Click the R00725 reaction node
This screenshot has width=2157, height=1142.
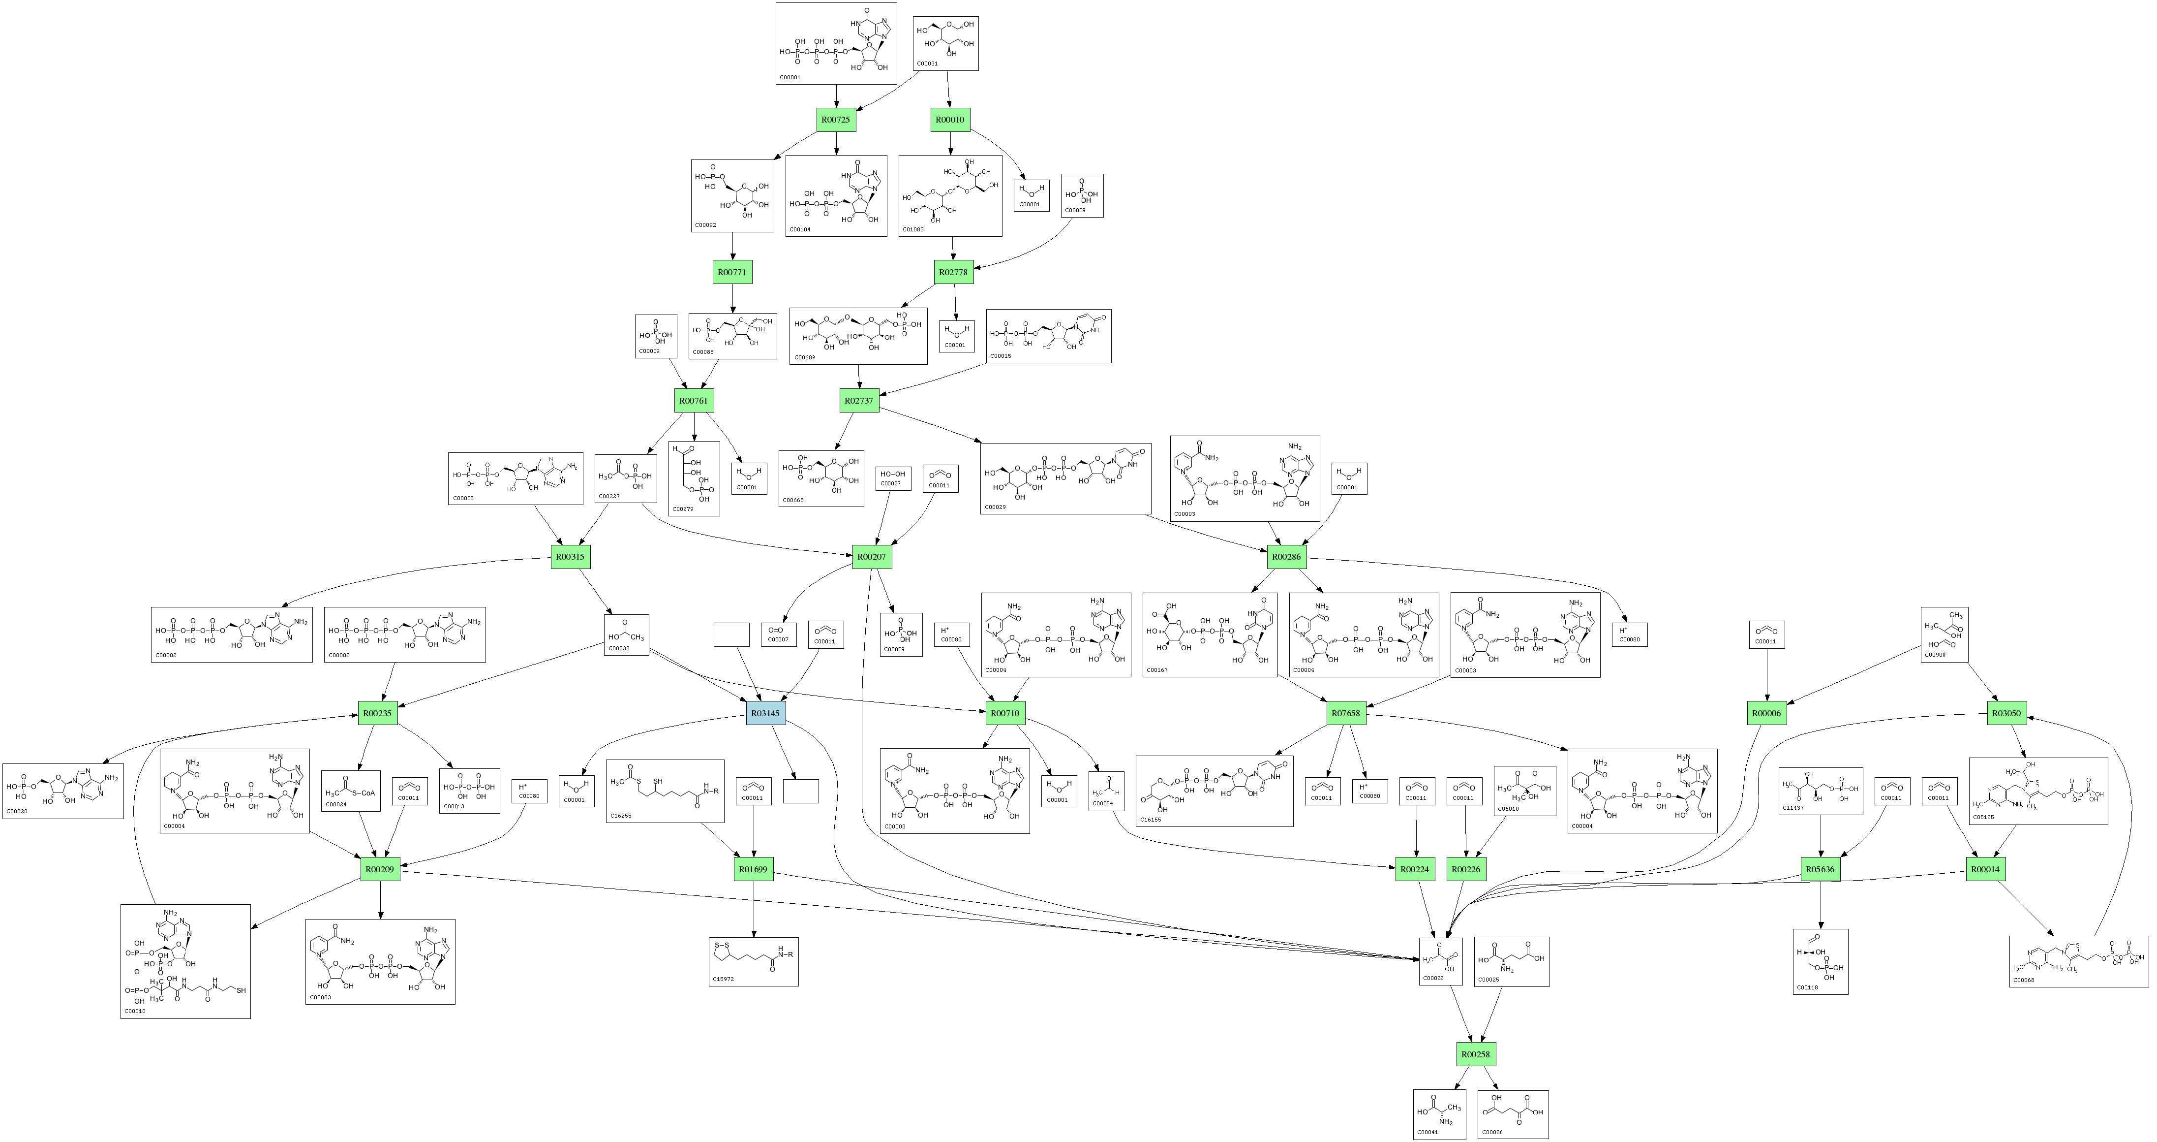tap(836, 120)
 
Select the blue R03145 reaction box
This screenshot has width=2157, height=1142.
tap(765, 713)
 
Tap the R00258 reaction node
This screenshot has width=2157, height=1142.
tap(1475, 1054)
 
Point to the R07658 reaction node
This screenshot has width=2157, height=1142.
tap(1346, 713)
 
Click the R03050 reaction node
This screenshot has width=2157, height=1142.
tap(2006, 713)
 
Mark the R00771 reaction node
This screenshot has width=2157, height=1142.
tap(732, 272)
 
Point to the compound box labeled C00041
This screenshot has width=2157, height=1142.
tap(1439, 1114)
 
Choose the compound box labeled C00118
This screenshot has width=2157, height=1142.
tap(1821, 961)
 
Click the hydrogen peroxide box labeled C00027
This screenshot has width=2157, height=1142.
tap(893, 478)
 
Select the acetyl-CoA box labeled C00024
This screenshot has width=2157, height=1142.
tap(351, 790)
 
